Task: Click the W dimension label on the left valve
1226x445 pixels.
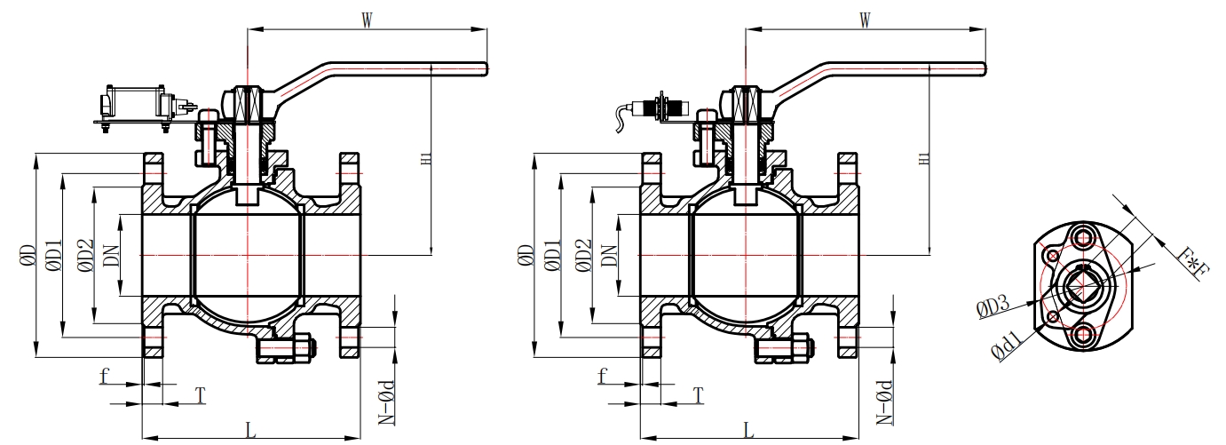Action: [366, 20]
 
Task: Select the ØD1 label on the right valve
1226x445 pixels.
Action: [552, 256]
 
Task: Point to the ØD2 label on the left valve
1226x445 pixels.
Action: [85, 256]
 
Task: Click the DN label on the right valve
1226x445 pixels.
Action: [610, 256]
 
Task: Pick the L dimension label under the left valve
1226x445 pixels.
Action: [250, 430]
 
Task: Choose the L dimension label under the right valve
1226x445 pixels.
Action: [748, 430]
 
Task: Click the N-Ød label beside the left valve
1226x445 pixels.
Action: [388, 399]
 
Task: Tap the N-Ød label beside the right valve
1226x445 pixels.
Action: [885, 399]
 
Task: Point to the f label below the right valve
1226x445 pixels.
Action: [603, 376]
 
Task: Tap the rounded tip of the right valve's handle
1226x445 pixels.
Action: [981, 68]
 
